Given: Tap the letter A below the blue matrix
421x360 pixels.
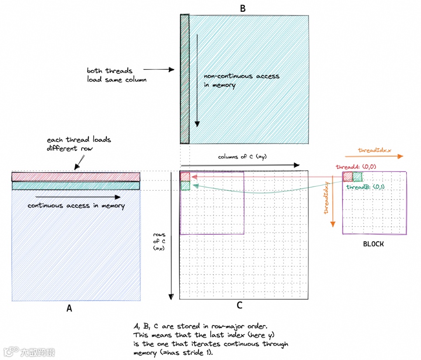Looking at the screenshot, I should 69,309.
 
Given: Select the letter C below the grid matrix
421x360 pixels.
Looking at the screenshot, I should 239,305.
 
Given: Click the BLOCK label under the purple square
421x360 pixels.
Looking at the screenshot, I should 373,244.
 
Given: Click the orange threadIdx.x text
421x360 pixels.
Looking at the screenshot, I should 374,150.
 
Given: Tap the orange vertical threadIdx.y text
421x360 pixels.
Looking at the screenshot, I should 325,200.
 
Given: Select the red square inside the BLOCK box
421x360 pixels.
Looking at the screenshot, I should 348,176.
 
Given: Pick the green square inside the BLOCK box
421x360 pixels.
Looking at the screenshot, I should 358,176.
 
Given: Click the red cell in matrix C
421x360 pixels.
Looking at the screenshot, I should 185,176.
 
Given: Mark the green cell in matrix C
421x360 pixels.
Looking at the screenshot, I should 185,185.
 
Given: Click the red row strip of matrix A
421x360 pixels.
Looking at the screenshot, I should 75,176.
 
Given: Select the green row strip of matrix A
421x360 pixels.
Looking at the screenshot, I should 75,185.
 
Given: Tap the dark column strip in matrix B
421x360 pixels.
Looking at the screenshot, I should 185,79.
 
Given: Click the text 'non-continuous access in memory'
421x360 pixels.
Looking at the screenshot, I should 241,81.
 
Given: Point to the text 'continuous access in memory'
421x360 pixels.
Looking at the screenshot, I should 76,206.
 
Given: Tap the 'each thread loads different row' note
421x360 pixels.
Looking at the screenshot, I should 79,144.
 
